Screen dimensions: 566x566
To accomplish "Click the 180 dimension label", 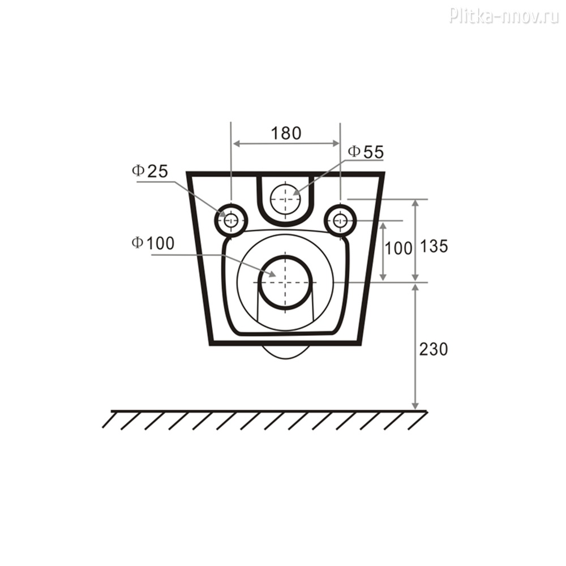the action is point(286,133).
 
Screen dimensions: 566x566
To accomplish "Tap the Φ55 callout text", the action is point(366,152).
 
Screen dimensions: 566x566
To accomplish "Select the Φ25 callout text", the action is point(150,171).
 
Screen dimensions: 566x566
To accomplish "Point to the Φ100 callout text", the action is point(153,243).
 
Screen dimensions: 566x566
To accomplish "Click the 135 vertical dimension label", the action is point(434,246).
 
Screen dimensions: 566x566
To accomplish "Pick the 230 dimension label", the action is point(433,349).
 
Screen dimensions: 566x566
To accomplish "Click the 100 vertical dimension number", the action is point(398,248).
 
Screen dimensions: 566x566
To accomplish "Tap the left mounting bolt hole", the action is point(231,220).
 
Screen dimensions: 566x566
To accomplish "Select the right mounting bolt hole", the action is point(340,220).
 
